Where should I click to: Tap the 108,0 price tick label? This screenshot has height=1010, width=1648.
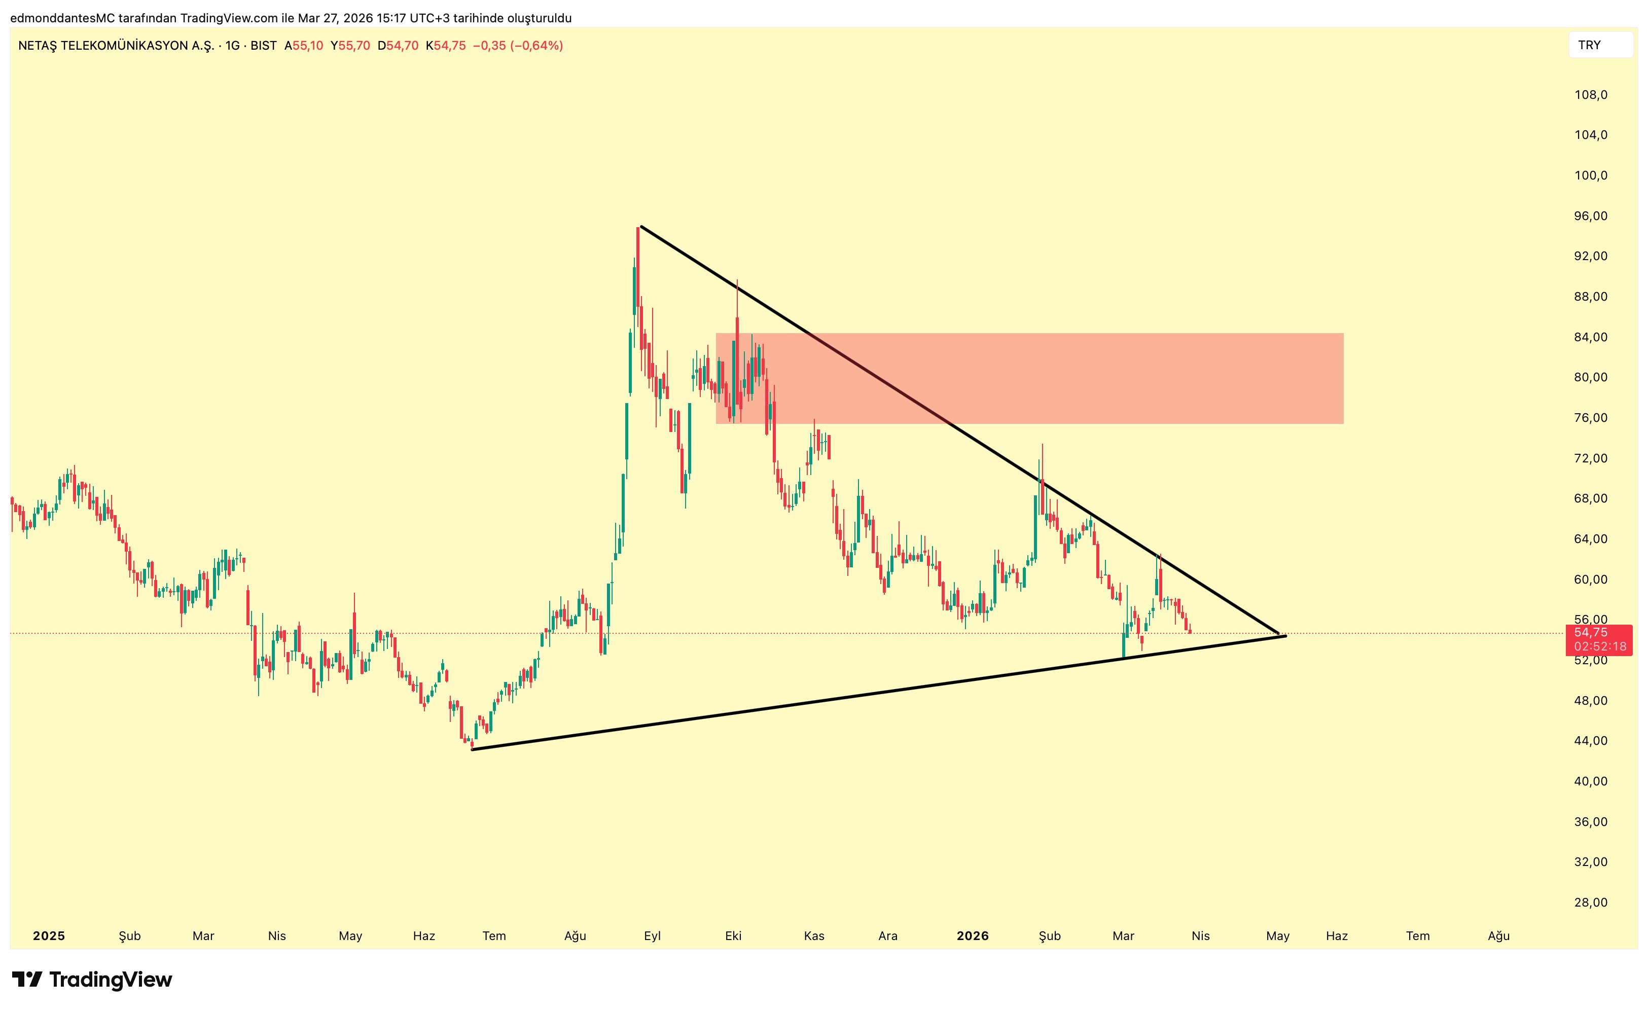pyautogui.click(x=1591, y=95)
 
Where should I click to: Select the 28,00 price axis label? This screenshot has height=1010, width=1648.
pyautogui.click(x=1591, y=903)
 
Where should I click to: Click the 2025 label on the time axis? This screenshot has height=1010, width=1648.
pyautogui.click(x=49, y=936)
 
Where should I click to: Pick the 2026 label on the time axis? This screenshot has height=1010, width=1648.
pyautogui.click(x=973, y=936)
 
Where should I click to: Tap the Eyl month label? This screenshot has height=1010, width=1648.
pyautogui.click(x=652, y=936)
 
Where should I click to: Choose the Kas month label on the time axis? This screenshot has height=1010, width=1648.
pyautogui.click(x=814, y=936)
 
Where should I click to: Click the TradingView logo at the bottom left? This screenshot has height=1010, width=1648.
pyautogui.click(x=92, y=980)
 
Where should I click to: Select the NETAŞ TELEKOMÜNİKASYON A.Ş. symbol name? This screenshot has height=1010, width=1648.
pyautogui.click(x=116, y=46)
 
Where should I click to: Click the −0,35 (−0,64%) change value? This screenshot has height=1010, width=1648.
pyautogui.click(x=518, y=46)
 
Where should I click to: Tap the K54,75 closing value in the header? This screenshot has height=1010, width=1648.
pyautogui.click(x=446, y=46)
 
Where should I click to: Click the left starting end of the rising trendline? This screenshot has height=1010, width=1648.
pyautogui.click(x=472, y=749)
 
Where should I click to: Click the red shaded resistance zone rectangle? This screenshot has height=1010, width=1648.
pyautogui.click(x=1070, y=378)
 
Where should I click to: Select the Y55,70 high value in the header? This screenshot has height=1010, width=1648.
pyautogui.click(x=350, y=46)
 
